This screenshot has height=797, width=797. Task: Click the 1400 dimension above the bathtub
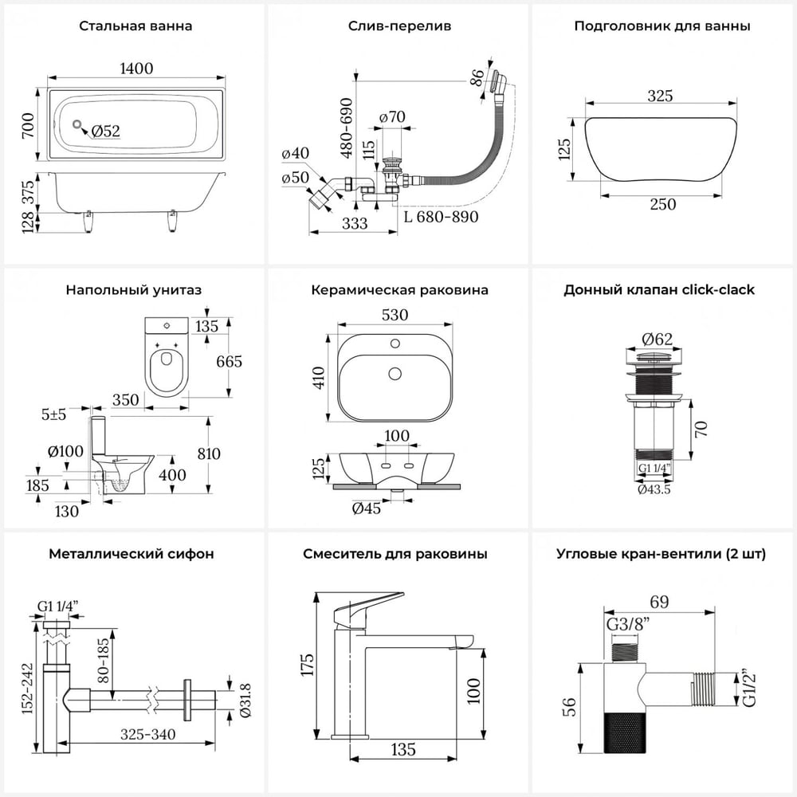pos(136,68)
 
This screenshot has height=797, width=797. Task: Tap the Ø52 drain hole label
pos(106,132)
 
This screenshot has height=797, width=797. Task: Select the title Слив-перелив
pos(399,26)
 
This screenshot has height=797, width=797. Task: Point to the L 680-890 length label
pos(442,217)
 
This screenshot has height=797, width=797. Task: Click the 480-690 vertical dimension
pos(347,128)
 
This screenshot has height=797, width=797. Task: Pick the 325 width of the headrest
pos(660,96)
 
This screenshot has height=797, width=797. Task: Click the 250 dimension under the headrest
pos(663,204)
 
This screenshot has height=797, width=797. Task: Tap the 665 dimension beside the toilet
pos(230,361)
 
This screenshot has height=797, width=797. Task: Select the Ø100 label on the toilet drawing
pos(65,451)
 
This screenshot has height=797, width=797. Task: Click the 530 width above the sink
pos(395,315)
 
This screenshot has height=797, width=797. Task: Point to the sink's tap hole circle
pos(395,344)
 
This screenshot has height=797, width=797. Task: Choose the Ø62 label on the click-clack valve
pos(657,339)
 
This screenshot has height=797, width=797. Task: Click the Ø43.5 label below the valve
pos(654,489)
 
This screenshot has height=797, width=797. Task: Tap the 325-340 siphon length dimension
pos(148,735)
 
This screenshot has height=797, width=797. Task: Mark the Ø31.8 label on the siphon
pos(245,701)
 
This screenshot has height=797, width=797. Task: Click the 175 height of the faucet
pos(308,665)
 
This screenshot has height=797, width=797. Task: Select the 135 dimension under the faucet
pos(403,749)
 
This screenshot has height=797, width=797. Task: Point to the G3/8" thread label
pos(628,624)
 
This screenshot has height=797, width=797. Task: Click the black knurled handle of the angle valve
pos(624,733)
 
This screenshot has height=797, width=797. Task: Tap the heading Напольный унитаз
pos(134,290)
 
